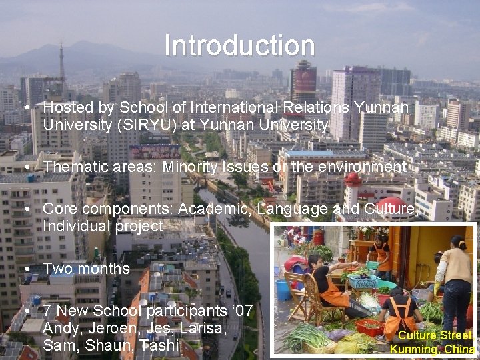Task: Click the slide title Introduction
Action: pos(239,46)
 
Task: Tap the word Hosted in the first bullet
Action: pos(64,107)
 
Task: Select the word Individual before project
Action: pos(75,227)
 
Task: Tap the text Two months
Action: pos(86,269)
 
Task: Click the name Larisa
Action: pos(198,329)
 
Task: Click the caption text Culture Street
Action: pos(434,335)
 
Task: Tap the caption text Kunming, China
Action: pos(432,349)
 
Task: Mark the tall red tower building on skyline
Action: pos(303,83)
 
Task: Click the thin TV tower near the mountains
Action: pos(61,63)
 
